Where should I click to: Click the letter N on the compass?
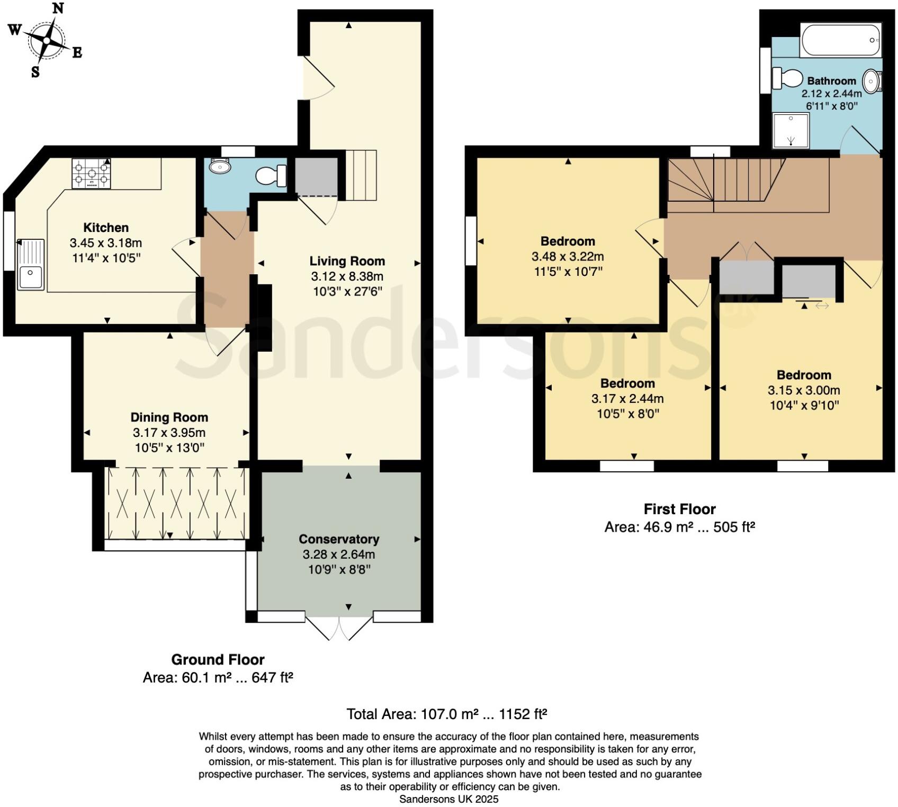59,8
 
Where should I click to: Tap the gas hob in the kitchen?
92,173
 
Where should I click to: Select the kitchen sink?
30,264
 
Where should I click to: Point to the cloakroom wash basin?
219,166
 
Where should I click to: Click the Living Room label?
347,261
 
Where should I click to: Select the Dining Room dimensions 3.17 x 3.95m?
169,433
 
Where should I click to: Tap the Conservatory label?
339,539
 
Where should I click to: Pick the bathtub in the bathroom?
841,40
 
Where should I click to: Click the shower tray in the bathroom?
791,131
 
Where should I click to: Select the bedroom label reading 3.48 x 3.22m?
568,257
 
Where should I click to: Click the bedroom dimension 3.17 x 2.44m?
627,399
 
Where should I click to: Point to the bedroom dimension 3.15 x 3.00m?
804,390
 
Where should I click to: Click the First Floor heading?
679,509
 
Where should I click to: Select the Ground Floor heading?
218,660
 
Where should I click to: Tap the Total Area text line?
446,714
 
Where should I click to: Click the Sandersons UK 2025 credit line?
448,799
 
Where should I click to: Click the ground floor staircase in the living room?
361,175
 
